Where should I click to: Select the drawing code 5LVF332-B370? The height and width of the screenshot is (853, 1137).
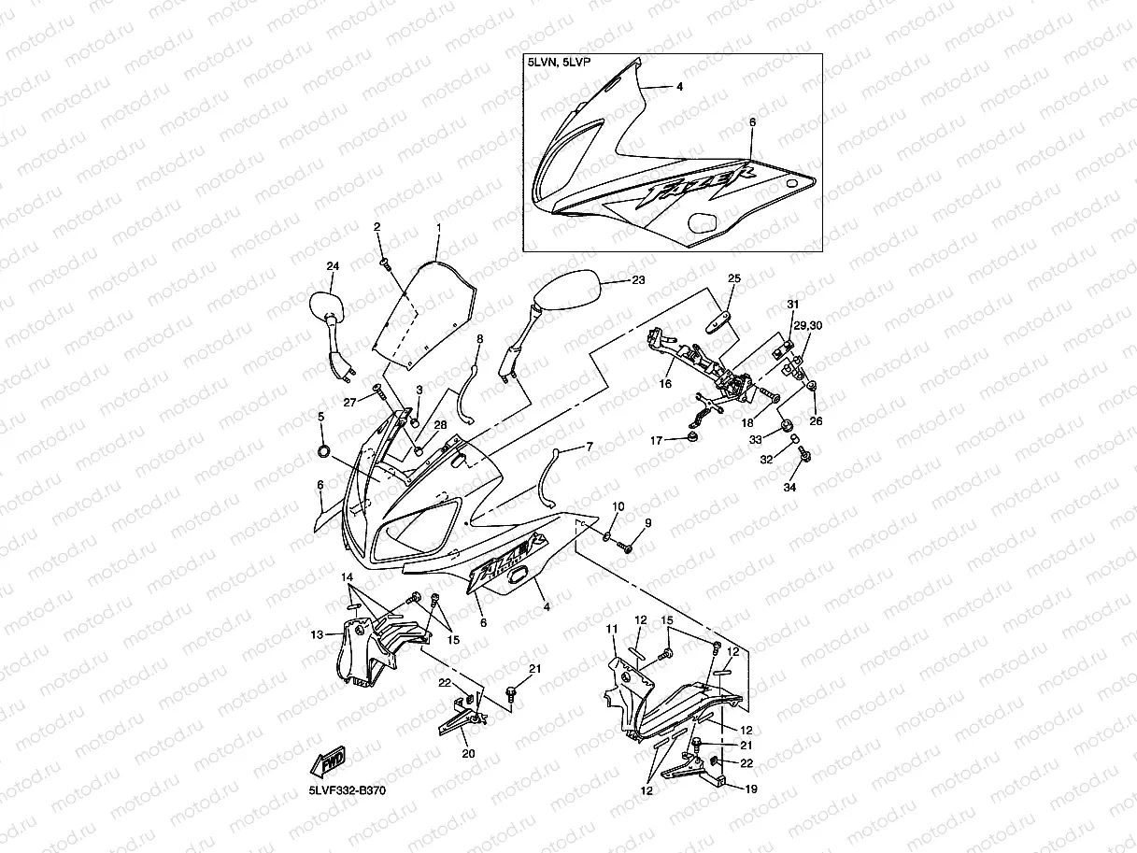pos(347,790)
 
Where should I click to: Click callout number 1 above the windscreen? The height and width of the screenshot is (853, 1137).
pos(437,227)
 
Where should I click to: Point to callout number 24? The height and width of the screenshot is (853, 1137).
pos(332,266)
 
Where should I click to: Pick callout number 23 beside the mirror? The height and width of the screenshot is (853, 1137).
pos(638,279)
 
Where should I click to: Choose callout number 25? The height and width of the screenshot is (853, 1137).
pos(733,278)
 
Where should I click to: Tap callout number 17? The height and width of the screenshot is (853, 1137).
pos(656,439)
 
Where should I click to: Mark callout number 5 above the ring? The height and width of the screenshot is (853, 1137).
pos(320,417)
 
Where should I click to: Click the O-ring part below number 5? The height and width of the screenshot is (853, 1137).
pos(323,452)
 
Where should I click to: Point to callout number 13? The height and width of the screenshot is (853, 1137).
pos(318,634)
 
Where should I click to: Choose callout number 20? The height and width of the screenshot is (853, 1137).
pos(468,753)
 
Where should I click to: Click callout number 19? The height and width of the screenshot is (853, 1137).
pos(750,789)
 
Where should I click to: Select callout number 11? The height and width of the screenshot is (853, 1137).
pos(613,630)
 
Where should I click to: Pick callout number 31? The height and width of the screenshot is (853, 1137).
pos(793,306)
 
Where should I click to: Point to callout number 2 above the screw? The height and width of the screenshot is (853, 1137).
pos(377,227)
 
